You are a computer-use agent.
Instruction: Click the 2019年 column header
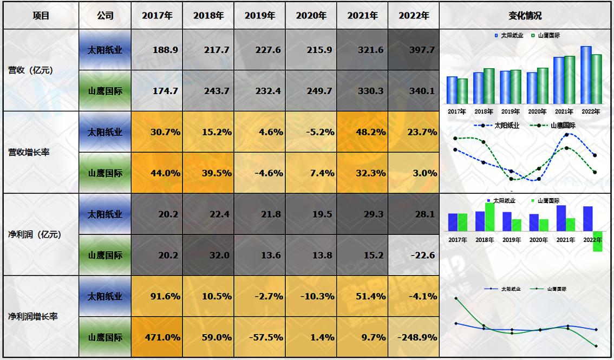pos(259,16)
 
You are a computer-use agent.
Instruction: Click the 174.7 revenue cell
pos(157,91)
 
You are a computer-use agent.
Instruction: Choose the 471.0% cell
pos(157,337)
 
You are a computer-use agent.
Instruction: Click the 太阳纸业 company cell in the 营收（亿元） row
pos(105,50)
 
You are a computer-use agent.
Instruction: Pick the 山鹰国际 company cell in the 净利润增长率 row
pos(105,337)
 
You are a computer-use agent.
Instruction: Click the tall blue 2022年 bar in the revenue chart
pos(585,75)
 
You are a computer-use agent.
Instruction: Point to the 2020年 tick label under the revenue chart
pos(537,112)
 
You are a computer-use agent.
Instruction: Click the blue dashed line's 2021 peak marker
pos(567,135)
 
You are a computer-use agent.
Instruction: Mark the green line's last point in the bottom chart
pos(596,346)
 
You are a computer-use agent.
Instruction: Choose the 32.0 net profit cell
pos(208,255)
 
